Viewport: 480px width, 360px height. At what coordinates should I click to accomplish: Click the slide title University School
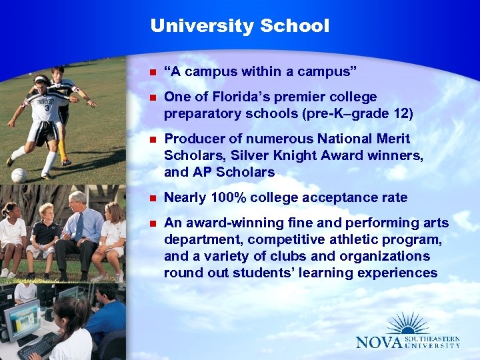[x=239, y=26]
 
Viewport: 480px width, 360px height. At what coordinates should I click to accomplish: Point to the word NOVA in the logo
[x=379, y=343]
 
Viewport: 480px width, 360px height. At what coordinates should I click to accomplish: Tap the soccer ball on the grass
[x=19, y=175]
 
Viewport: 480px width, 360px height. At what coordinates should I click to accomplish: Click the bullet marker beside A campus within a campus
[x=153, y=71]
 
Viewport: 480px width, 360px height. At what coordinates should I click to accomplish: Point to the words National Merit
[x=371, y=139]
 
